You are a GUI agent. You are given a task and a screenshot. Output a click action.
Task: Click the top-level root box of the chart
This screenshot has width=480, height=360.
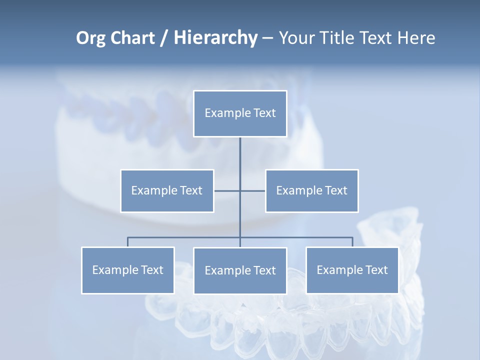(240, 113)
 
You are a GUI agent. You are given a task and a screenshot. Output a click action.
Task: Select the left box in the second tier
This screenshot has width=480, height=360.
(167, 190)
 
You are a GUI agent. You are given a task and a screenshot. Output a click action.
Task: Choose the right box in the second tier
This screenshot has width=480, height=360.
(311, 190)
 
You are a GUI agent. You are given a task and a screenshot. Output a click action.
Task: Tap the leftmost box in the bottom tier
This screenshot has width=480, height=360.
(128, 270)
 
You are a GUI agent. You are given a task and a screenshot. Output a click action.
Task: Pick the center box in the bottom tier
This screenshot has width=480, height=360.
(240, 270)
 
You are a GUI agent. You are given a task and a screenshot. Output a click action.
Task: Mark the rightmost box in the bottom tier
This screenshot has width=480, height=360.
(352, 270)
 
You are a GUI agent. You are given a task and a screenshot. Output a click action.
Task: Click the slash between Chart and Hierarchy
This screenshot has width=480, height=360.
(164, 38)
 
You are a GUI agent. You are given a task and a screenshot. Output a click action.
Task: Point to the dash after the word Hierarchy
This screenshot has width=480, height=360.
(267, 38)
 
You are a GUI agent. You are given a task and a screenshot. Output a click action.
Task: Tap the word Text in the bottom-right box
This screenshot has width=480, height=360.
(376, 270)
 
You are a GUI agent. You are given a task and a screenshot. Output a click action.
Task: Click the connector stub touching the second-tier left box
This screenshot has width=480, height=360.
(226, 190)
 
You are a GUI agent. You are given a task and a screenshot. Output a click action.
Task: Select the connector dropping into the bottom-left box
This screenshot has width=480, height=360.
(128, 242)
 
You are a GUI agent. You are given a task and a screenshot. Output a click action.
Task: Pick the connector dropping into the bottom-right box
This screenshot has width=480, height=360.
(352, 242)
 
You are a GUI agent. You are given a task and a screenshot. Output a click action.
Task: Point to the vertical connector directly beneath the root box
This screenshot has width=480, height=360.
(240, 155)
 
